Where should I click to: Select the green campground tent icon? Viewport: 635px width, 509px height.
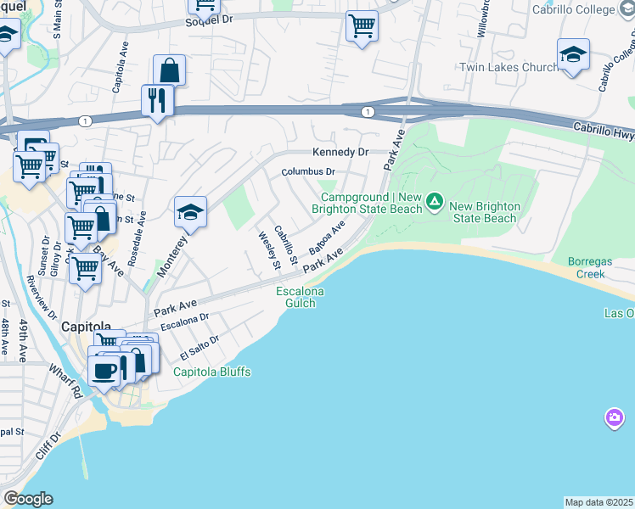click(x=435, y=202)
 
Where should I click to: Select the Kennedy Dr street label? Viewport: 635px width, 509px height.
click(x=340, y=153)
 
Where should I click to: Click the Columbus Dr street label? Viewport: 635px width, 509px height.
click(x=309, y=172)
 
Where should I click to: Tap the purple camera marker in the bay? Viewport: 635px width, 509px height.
click(x=615, y=417)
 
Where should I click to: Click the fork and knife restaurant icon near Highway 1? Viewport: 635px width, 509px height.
click(x=158, y=101)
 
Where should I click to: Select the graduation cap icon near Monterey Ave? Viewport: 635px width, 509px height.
click(x=191, y=213)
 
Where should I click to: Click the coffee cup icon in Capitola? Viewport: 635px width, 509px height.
click(x=105, y=370)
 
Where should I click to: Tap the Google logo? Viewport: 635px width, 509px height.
click(x=28, y=499)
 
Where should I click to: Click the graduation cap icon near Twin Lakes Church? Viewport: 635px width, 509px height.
click(x=574, y=56)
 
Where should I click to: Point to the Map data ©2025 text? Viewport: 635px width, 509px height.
click(x=599, y=502)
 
